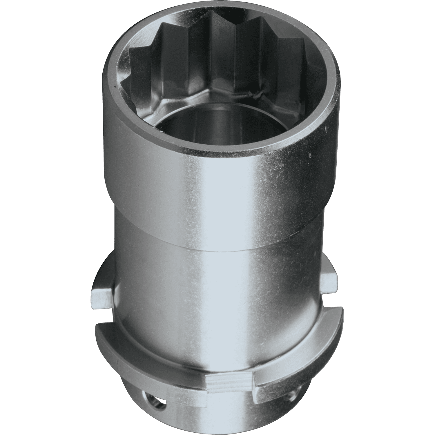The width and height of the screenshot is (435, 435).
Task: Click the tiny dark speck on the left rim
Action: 115,87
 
